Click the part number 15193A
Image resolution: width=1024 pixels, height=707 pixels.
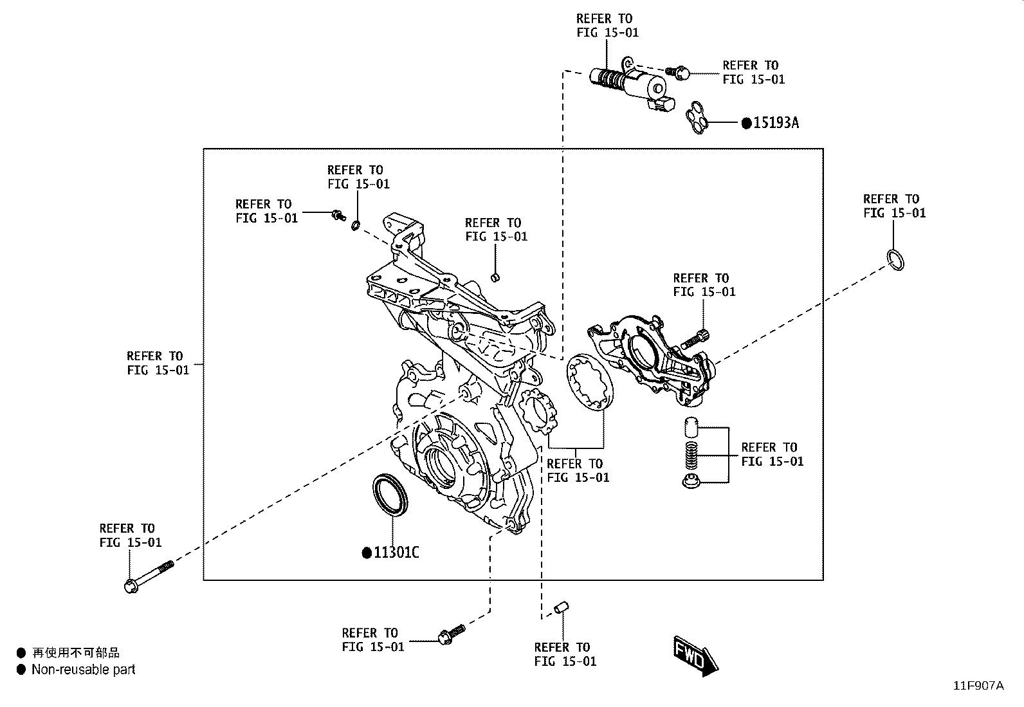click(776, 123)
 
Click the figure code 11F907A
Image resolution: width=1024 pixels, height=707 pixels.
click(978, 686)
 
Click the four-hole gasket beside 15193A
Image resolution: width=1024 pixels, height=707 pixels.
click(697, 118)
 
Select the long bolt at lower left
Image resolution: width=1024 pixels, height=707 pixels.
click(149, 576)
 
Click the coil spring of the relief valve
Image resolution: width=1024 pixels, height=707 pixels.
click(691, 455)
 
